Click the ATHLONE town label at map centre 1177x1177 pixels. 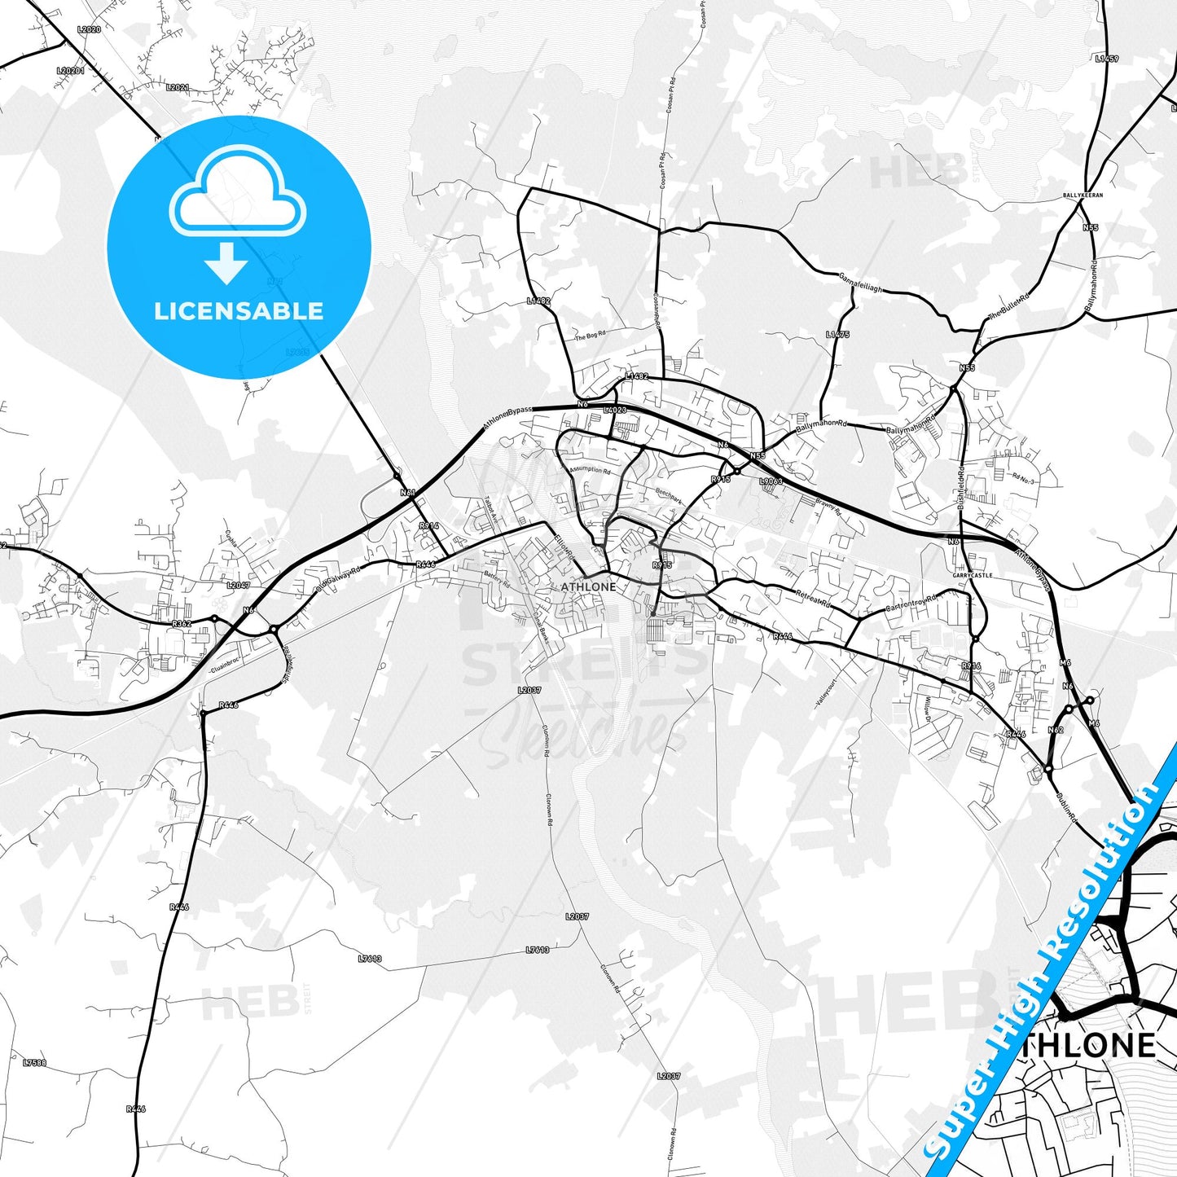point(588,586)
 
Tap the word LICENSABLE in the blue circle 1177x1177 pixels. point(239,311)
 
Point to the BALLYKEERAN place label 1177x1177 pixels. point(1083,195)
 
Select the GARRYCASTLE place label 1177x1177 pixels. point(973,575)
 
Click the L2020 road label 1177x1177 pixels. point(89,29)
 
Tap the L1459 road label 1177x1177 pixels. point(1107,59)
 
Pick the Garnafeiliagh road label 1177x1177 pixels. point(860,283)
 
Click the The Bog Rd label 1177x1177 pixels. point(590,335)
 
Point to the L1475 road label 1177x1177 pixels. point(837,334)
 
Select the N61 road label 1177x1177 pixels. point(408,493)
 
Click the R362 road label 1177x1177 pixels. point(182,623)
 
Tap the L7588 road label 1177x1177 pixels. point(35,1063)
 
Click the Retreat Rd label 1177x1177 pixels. point(813,599)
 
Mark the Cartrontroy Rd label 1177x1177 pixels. point(911,604)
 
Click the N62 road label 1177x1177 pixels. point(1056,730)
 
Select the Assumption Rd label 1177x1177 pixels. point(588,469)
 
